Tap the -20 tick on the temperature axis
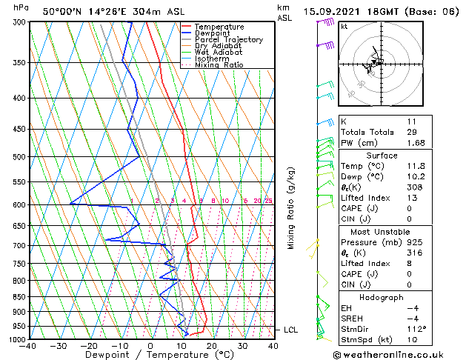point(89,346)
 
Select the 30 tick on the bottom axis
point(242,346)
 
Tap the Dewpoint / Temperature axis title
point(151,355)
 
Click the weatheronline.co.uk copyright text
point(399,354)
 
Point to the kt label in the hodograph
point(344,26)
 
